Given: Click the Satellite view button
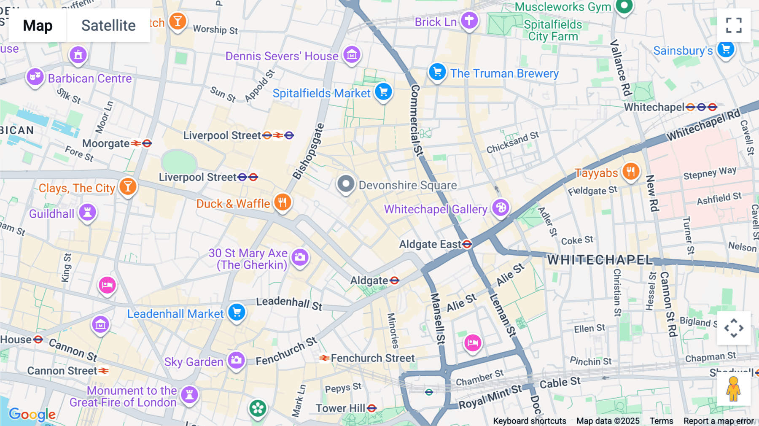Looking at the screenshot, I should tap(108, 25).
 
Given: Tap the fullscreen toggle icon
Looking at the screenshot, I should tap(734, 25).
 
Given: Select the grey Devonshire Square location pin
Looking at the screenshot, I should tap(346, 184).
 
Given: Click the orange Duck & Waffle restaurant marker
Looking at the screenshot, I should tap(283, 202).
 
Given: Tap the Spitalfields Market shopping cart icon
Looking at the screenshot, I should tap(383, 92).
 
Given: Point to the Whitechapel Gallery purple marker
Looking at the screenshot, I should tap(501, 208).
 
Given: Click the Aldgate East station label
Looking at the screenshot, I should tap(430, 244).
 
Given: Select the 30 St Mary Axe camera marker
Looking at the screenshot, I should tap(300, 257).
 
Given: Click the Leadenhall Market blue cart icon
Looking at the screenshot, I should tap(237, 312).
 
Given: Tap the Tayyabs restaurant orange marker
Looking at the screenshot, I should tap(631, 171).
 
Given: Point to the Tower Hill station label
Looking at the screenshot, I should tap(340, 408).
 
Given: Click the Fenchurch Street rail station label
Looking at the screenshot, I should tap(372, 358).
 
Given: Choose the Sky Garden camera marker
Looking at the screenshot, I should tap(236, 360).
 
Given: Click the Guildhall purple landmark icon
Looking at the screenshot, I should tap(87, 212).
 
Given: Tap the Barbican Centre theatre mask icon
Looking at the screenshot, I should tap(35, 77).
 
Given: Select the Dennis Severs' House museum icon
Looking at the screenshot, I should tap(352, 54).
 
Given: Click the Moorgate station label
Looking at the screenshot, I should tap(106, 143).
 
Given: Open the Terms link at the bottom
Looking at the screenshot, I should tap(661, 421).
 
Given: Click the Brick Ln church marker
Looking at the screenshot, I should tap(469, 20).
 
